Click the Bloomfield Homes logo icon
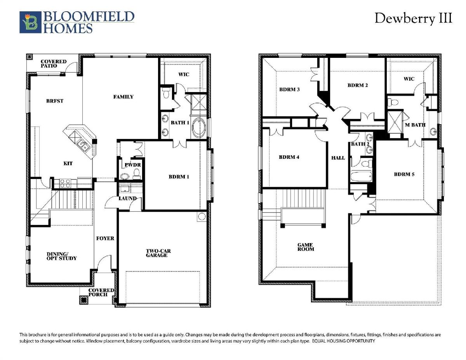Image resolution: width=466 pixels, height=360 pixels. (x=30, y=22)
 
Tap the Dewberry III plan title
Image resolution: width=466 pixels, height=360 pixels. (x=413, y=19)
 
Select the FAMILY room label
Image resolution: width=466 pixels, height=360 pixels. (x=123, y=97)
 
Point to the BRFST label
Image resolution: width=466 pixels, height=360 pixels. (x=55, y=101)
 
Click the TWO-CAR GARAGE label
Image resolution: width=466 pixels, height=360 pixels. (x=158, y=253)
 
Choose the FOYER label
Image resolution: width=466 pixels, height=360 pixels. (x=105, y=238)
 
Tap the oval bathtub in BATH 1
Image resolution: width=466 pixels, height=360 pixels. (x=199, y=129)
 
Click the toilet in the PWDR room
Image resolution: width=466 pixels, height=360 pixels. (x=136, y=174)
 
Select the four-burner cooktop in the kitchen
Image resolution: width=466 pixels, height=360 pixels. (x=65, y=184)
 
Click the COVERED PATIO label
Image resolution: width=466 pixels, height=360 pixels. (x=54, y=64)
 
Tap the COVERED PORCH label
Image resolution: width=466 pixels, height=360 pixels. (x=101, y=292)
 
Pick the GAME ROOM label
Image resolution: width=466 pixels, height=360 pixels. (x=306, y=247)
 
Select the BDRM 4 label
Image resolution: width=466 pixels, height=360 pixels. (x=289, y=157)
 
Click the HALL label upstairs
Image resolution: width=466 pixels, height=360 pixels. (x=338, y=158)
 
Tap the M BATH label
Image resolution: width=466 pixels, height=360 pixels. (x=415, y=125)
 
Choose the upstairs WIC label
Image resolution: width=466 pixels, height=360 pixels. (x=409, y=79)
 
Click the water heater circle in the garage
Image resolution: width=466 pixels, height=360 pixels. (x=202, y=217)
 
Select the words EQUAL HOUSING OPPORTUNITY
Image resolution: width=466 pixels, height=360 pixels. (x=343, y=341)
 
